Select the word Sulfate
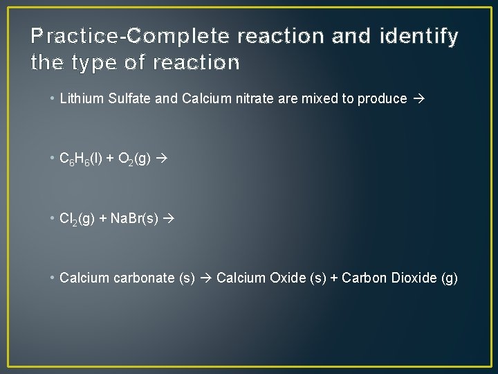(x=130, y=98)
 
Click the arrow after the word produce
(x=417, y=98)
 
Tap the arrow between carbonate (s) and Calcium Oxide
(x=206, y=278)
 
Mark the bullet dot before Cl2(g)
(x=53, y=218)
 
